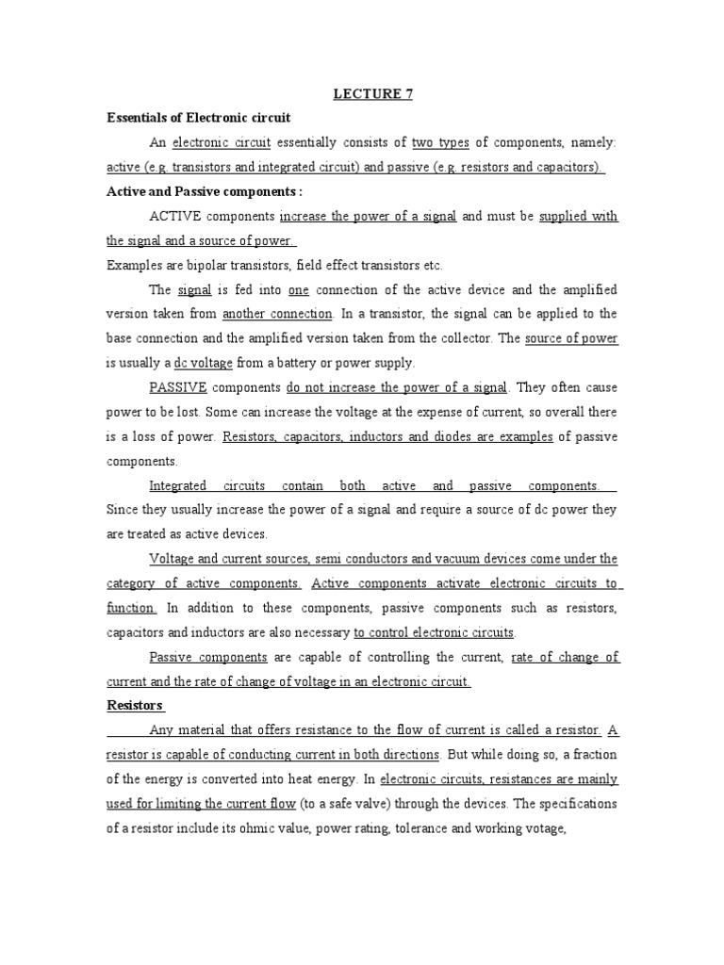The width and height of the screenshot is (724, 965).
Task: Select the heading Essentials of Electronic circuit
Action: (199, 118)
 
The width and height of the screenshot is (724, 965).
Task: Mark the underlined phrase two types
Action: (440, 142)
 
